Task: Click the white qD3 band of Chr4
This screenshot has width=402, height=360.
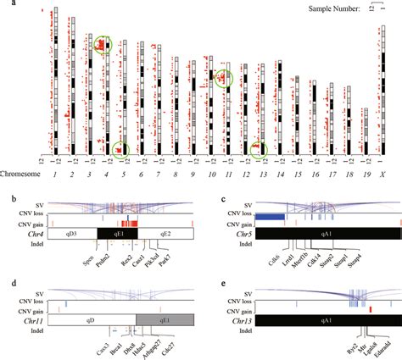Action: pyautogui.click(x=72, y=233)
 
